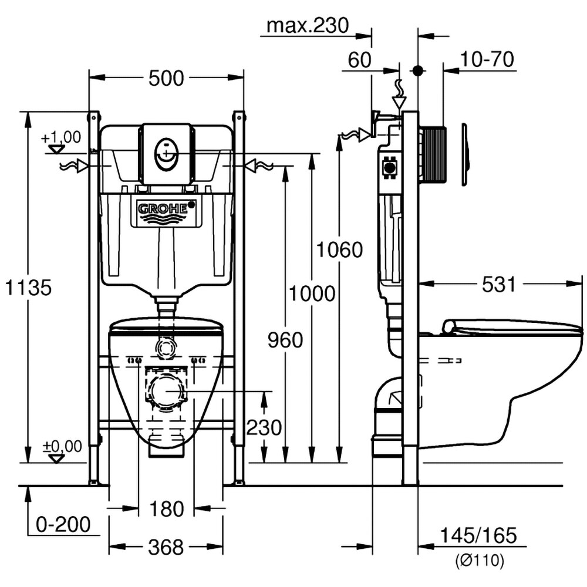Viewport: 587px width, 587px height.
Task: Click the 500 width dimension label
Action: pos(166,78)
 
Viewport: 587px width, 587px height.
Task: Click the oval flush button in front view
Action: pos(166,154)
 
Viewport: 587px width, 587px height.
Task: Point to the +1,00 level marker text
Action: pos(61,137)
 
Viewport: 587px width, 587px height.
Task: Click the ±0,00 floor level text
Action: pos(62,447)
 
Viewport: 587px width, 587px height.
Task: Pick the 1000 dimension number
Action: pos(312,293)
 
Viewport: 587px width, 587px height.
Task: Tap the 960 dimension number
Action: pos(285,339)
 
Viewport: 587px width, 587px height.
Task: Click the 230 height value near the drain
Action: pos(264,427)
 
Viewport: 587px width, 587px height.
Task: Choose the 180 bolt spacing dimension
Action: pos(167,509)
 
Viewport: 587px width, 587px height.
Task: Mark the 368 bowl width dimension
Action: pos(166,548)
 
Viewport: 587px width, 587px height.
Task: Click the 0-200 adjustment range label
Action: pos(63,524)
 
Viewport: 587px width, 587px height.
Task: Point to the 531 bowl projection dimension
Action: pos(498,285)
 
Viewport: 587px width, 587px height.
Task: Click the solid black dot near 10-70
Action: pos(418,70)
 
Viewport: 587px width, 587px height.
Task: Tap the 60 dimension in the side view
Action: pos(360,60)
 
